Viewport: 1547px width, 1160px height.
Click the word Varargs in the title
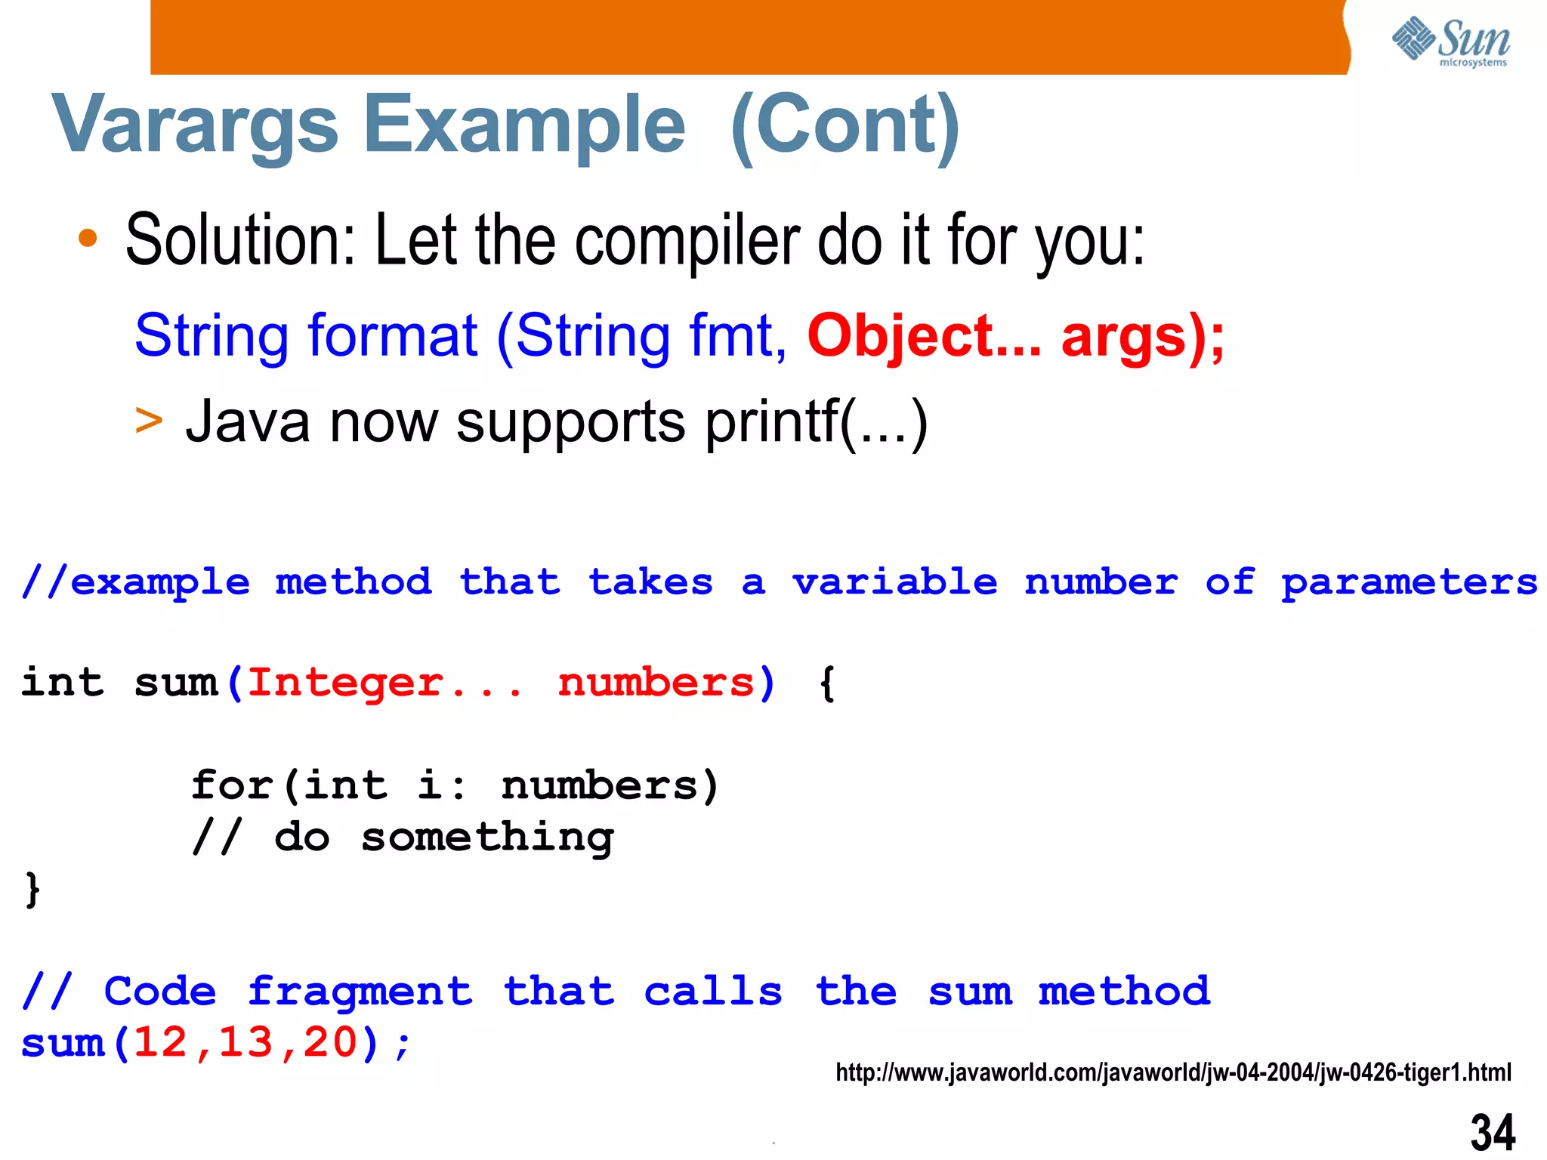pyautogui.click(x=195, y=125)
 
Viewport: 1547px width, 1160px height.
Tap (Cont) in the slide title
pyautogui.click(x=845, y=125)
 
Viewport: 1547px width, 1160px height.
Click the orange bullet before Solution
pyautogui.click(x=88, y=239)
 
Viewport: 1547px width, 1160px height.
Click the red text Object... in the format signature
pyautogui.click(x=923, y=336)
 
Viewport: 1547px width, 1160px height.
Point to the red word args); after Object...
pyautogui.click(x=1141, y=336)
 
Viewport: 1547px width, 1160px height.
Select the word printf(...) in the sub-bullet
pyautogui.click(x=816, y=421)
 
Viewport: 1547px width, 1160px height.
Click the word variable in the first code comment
pyautogui.click(x=894, y=582)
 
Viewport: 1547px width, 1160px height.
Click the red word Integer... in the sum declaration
pyautogui.click(x=384, y=683)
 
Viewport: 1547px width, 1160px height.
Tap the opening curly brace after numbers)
pyautogui.click(x=827, y=683)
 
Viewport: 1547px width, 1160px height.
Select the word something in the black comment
pyautogui.click(x=487, y=838)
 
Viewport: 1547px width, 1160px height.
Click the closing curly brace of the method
pyautogui.click(x=32, y=889)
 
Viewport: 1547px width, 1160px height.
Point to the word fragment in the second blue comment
pyautogui.click(x=360, y=992)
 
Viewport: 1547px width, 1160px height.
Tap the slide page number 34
pyautogui.click(x=1492, y=1132)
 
